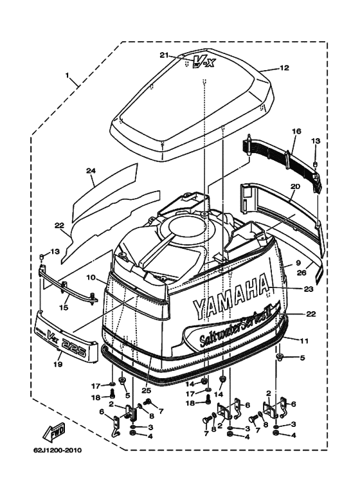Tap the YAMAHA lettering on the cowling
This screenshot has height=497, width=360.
click(231, 296)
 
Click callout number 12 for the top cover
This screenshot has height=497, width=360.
click(284, 68)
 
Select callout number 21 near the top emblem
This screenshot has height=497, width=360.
click(164, 55)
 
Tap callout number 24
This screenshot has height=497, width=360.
click(91, 171)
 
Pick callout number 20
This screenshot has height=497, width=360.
click(295, 186)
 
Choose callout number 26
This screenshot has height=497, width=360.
click(301, 272)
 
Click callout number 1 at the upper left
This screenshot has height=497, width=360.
click(67, 75)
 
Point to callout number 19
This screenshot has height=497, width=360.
click(58, 364)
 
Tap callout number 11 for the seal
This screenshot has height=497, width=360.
click(304, 341)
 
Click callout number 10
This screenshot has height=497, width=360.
click(90, 278)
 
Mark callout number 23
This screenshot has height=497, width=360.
click(309, 289)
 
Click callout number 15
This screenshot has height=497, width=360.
click(64, 307)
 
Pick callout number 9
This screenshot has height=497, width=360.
click(298, 263)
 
